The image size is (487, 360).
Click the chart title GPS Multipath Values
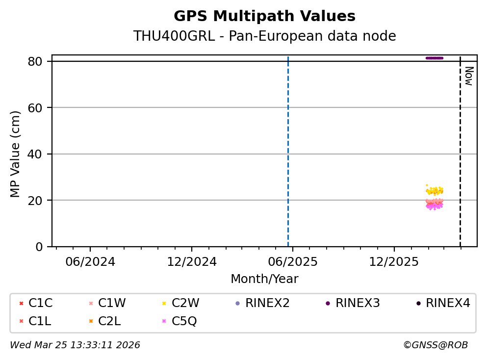click(x=264, y=16)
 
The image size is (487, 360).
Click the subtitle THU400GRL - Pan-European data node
click(x=264, y=36)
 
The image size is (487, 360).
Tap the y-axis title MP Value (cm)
click(x=16, y=154)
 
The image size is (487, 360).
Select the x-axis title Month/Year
click(x=264, y=279)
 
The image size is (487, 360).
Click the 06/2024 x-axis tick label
click(x=90, y=261)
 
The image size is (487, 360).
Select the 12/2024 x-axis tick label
click(x=192, y=261)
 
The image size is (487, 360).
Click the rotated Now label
click(x=468, y=76)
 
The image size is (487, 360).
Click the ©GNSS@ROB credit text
click(x=435, y=345)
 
